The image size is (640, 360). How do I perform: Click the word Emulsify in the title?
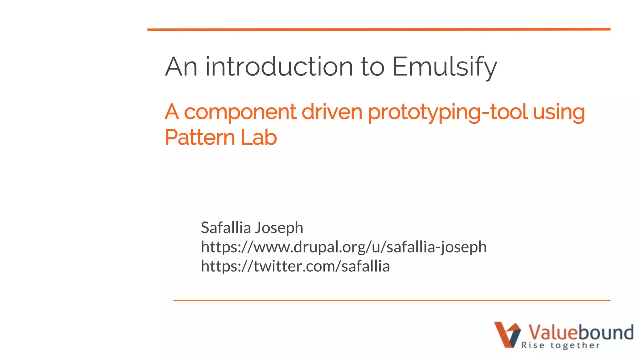tap(444, 67)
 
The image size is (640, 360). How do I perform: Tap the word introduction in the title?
tap(279, 67)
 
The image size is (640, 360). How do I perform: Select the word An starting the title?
tap(181, 67)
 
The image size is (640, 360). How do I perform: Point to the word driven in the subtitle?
tap(332, 112)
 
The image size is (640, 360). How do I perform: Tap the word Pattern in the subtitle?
tap(199, 137)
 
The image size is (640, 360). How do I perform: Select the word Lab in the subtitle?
tap(258, 137)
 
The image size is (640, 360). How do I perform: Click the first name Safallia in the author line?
tap(226, 227)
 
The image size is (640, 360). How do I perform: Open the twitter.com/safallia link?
tap(295, 266)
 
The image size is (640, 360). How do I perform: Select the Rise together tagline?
tap(560, 345)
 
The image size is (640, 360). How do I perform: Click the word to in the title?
tap(372, 67)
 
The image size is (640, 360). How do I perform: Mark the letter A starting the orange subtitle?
tap(172, 112)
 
